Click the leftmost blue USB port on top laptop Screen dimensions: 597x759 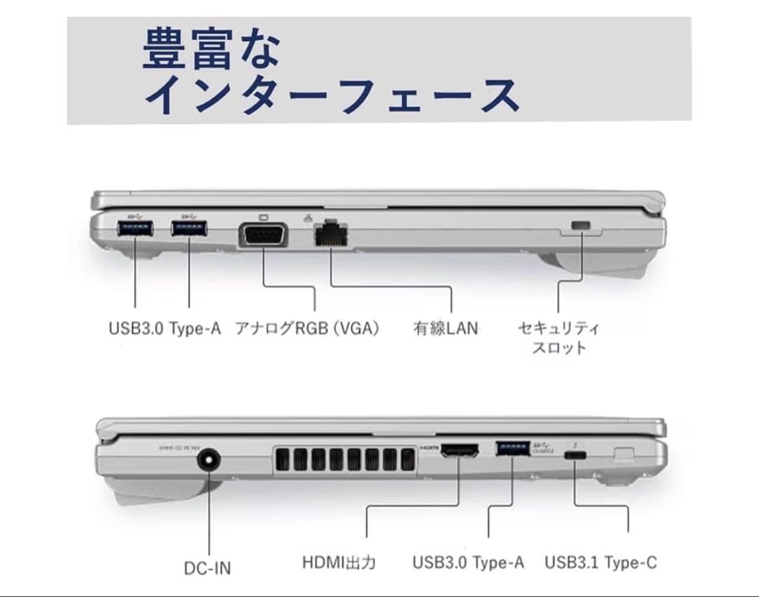pos(134,230)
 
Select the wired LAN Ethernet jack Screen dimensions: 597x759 pos(332,233)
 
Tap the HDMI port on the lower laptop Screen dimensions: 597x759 pos(460,453)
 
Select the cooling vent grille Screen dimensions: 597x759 pos(342,464)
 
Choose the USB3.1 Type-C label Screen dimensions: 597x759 pos(601,563)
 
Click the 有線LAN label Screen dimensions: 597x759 pos(446,328)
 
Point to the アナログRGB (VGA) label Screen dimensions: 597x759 pos(307,328)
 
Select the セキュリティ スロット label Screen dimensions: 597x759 pos(558,337)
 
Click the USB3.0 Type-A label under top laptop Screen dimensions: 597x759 pos(164,328)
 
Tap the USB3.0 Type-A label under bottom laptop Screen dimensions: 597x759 pos(468,563)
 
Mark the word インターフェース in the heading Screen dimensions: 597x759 pos(331,95)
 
